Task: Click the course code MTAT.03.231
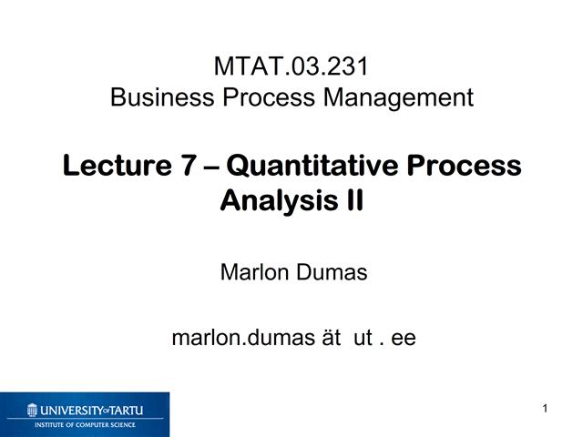[291, 67]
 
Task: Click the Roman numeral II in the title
[351, 199]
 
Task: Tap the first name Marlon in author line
[254, 271]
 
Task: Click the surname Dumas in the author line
[332, 271]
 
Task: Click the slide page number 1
[544, 409]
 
